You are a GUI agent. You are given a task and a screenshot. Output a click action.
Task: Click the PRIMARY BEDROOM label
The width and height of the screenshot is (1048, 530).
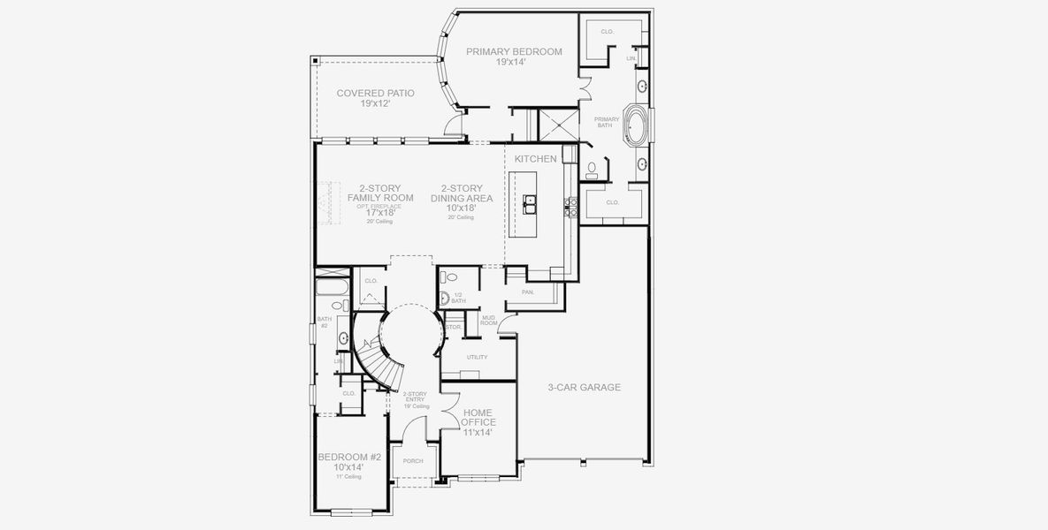tap(514, 51)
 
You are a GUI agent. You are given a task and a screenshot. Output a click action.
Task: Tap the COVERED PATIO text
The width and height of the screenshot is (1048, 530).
tap(375, 93)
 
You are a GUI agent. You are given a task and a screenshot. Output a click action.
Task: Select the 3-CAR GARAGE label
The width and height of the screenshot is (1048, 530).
tap(584, 387)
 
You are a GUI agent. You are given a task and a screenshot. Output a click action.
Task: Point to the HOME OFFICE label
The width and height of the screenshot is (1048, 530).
tap(478, 417)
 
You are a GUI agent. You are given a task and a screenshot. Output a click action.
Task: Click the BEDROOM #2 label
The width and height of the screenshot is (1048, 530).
tap(349, 457)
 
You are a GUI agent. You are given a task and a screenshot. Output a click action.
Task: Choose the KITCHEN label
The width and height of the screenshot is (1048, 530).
tap(536, 159)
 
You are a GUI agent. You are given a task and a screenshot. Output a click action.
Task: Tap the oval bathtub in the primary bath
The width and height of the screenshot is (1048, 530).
tap(635, 126)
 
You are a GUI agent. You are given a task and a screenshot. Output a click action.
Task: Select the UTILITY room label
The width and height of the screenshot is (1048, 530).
tap(478, 357)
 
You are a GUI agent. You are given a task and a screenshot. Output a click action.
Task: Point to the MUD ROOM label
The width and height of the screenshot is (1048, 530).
tap(488, 321)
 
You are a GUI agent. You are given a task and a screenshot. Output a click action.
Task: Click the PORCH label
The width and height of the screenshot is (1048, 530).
tap(413, 461)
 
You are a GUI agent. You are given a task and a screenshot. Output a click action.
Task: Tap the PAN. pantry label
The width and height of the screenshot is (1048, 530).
tap(528, 291)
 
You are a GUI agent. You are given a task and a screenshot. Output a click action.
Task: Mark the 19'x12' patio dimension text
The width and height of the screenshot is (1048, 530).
tap(375, 103)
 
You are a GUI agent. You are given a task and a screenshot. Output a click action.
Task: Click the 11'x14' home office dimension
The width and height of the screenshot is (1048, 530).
tap(478, 433)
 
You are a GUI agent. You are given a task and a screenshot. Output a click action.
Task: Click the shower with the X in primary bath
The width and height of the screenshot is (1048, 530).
tap(555, 124)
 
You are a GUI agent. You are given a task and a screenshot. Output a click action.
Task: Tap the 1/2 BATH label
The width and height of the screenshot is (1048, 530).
tap(458, 298)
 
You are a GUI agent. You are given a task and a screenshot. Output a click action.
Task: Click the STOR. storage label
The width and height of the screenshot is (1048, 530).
tap(453, 327)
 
